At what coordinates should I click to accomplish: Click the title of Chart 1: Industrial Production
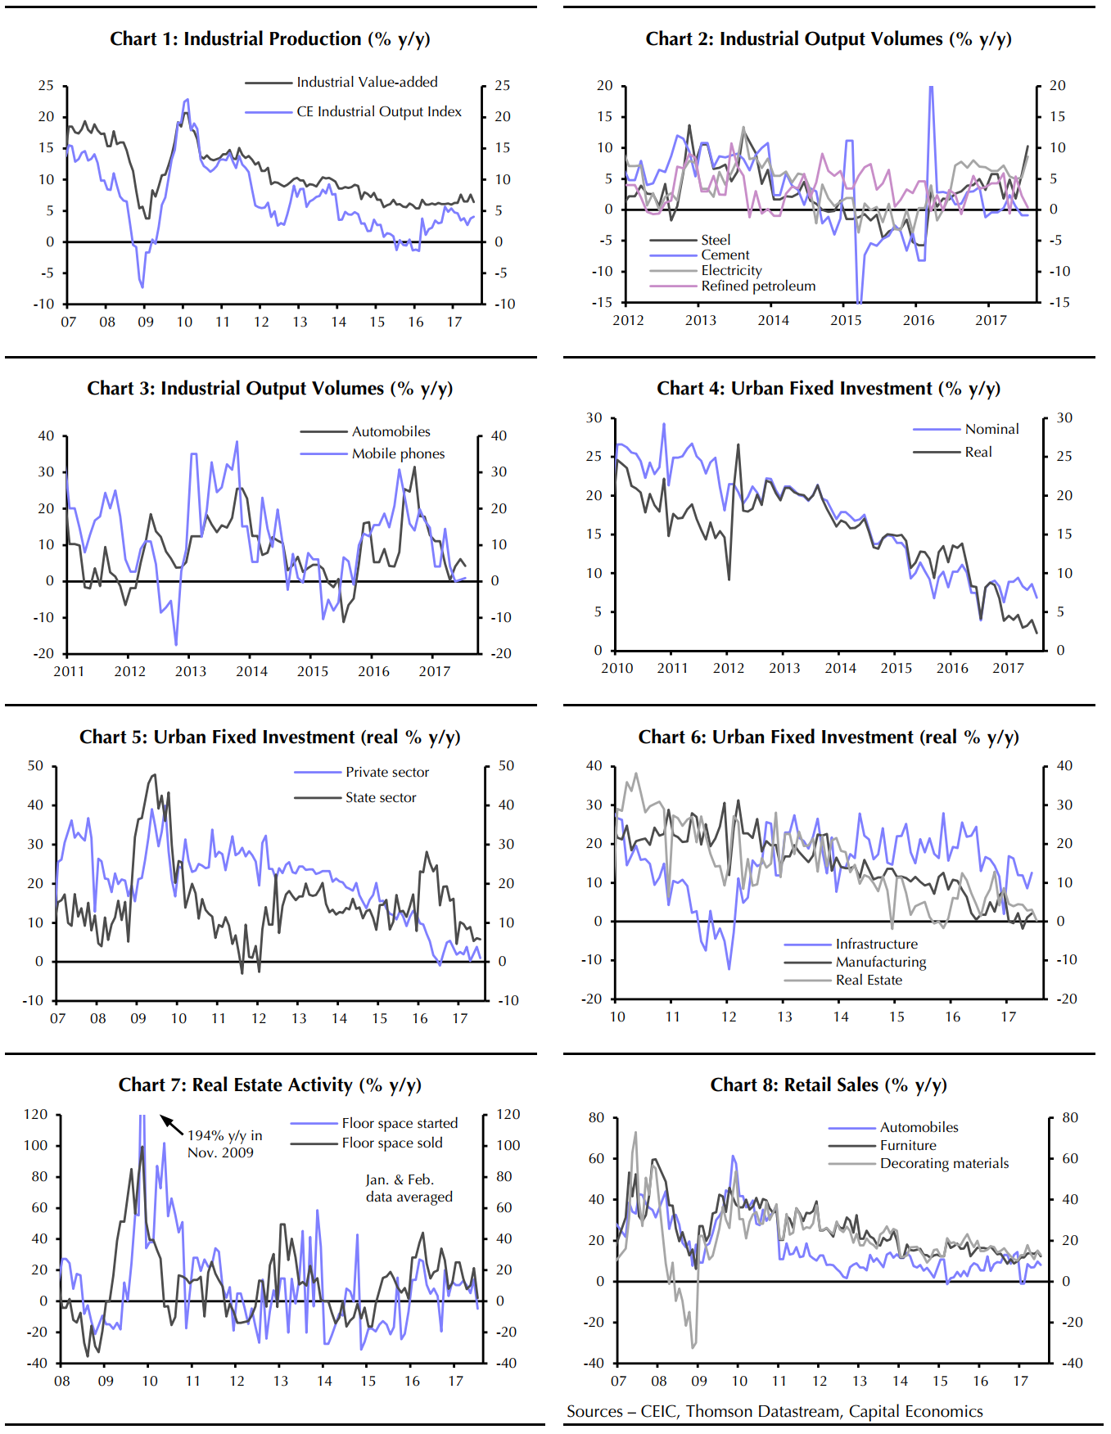[270, 39]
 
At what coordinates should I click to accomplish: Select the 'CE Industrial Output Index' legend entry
[378, 111]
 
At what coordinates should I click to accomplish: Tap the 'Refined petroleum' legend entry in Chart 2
[758, 286]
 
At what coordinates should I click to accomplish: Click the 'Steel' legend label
[716, 240]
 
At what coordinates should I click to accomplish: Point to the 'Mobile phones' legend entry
[398, 453]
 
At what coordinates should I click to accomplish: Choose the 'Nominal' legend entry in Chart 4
[991, 429]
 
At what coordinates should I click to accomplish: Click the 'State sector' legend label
[381, 797]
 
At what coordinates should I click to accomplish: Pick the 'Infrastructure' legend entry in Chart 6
[876, 944]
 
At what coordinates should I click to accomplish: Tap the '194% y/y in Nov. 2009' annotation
[224, 1143]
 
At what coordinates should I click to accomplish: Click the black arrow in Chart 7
[171, 1124]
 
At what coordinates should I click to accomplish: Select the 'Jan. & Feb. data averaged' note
[409, 1188]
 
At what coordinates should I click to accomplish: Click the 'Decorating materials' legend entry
[944, 1163]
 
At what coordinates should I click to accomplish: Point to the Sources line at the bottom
[775, 1411]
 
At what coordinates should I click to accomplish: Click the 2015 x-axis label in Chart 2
[846, 320]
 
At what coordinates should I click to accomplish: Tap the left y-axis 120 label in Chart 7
[36, 1114]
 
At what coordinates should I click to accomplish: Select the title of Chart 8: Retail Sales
[829, 1085]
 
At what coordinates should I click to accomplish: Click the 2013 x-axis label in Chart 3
[191, 671]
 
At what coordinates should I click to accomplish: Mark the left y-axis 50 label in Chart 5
[35, 766]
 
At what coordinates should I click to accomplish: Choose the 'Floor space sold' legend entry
[391, 1143]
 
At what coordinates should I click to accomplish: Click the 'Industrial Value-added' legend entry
[367, 82]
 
